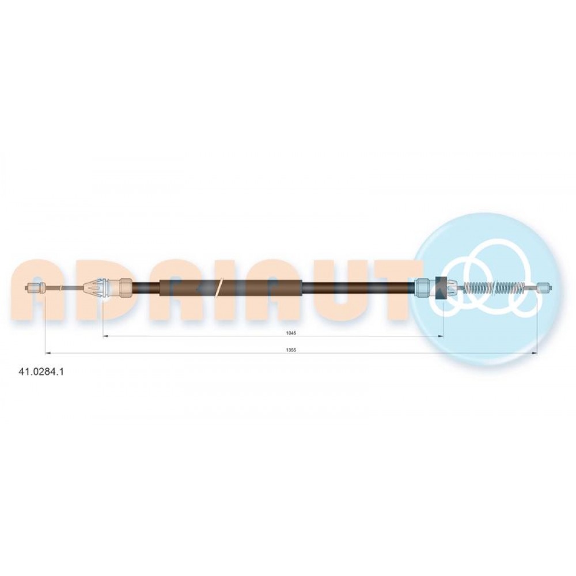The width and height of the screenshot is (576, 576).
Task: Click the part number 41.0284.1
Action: tap(41, 372)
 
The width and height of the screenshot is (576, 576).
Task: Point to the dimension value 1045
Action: tap(291, 333)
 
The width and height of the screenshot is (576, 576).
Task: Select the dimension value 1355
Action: tap(291, 350)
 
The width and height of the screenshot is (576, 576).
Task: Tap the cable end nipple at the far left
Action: tap(35, 288)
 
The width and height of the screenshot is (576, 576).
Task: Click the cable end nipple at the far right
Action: tap(545, 287)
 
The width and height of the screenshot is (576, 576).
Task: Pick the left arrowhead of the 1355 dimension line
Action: tap(47, 354)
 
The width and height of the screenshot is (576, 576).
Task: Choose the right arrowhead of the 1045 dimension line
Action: tap(440, 336)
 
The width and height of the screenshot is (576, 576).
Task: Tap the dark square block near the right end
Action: tap(441, 287)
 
